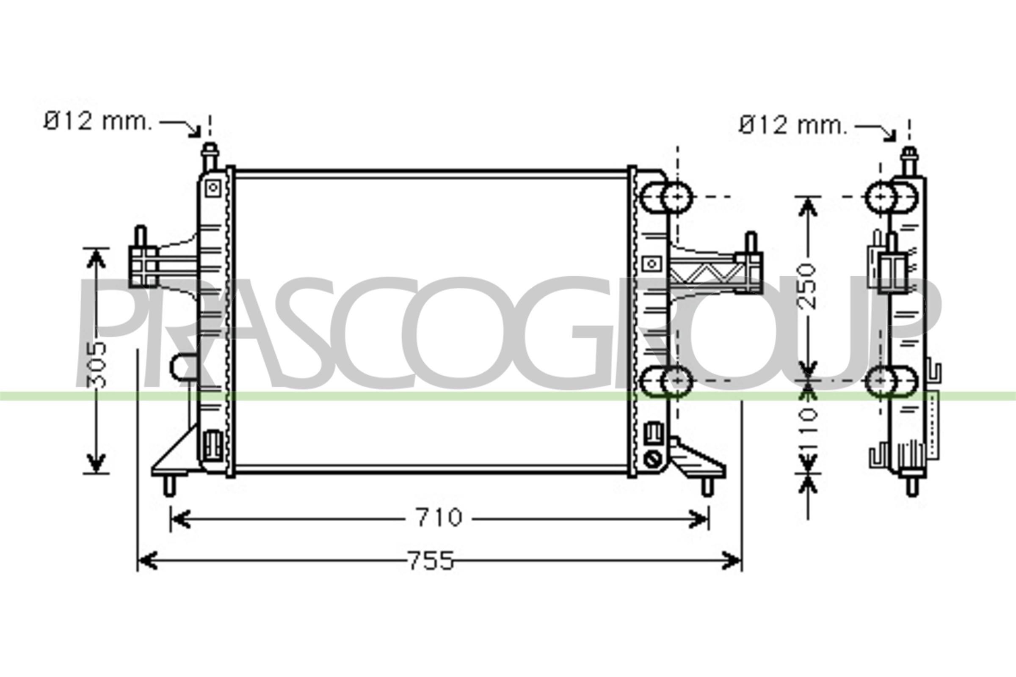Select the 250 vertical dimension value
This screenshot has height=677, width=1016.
point(806,286)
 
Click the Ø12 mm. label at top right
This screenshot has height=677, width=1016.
point(792,126)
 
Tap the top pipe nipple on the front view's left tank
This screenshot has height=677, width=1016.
point(210,156)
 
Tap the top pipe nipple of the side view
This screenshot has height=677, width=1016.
point(909,161)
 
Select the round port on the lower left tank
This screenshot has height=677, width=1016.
point(181,367)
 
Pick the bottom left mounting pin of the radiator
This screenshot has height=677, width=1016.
point(169,485)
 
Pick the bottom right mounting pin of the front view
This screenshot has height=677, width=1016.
point(707,486)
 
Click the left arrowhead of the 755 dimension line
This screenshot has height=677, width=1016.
point(147,560)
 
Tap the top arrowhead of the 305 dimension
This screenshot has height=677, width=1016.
point(96,258)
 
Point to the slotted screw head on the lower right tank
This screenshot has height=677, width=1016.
point(651,459)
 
